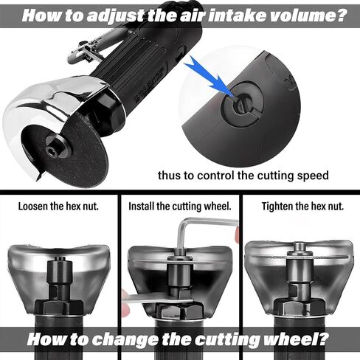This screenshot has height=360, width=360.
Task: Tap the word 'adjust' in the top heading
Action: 115,16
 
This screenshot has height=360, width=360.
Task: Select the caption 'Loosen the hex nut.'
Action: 58,206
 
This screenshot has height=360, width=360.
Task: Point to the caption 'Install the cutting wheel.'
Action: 180,206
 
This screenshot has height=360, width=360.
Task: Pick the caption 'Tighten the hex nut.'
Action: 302,206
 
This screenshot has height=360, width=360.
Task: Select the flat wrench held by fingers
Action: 157,299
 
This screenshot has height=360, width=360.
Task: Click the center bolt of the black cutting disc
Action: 51,150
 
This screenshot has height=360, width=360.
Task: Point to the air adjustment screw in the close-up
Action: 242,105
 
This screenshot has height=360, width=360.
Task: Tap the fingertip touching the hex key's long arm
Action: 237,235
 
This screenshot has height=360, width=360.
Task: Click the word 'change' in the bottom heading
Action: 125,340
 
